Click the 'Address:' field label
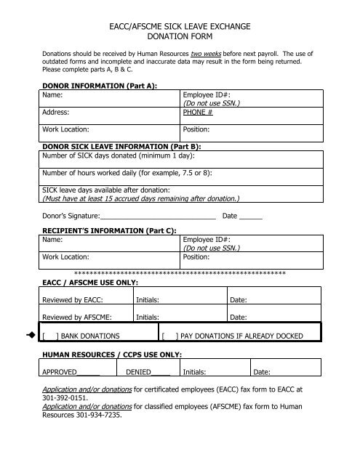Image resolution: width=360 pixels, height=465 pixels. tap(56, 113)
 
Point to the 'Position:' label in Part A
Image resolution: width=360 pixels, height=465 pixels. tap(198, 130)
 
